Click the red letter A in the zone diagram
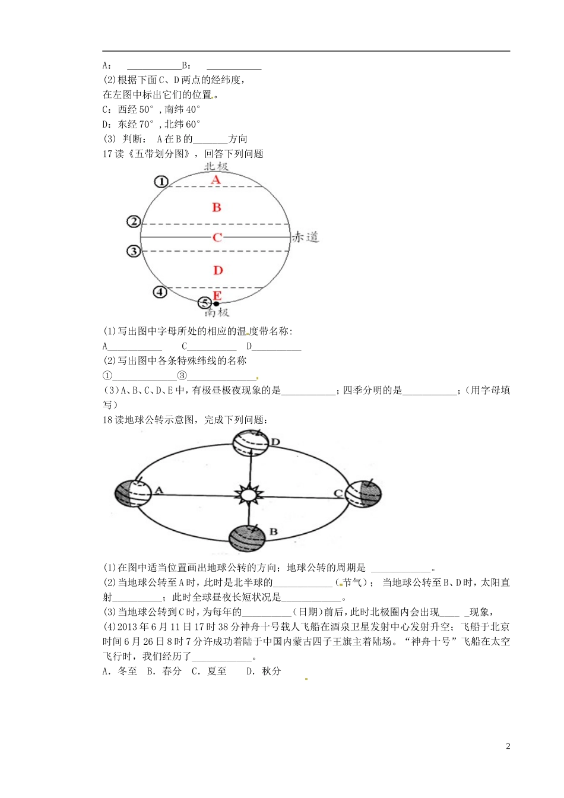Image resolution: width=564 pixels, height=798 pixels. point(216,180)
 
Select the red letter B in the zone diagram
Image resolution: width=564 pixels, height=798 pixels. point(217,207)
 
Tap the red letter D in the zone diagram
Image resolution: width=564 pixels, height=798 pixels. point(218,270)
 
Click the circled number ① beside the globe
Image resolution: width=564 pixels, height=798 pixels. point(161,182)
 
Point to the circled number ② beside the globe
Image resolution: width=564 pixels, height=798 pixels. point(134,221)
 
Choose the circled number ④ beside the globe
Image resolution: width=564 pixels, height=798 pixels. point(160,292)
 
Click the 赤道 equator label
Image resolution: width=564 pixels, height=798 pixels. point(306,237)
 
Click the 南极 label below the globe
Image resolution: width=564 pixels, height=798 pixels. point(216,312)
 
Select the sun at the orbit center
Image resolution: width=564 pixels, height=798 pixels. point(249,494)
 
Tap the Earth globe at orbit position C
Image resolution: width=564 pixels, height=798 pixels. point(363,493)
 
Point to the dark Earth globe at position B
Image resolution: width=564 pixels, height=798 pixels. point(247,538)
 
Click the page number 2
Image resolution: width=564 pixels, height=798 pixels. point(508,746)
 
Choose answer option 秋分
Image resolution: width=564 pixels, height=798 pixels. point(271,671)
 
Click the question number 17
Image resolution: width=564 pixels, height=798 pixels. point(107,154)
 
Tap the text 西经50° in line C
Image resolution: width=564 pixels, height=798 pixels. point(136,109)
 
